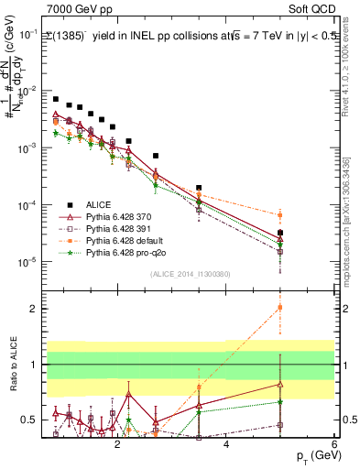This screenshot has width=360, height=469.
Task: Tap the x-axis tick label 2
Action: pyautogui.click(x=117, y=447)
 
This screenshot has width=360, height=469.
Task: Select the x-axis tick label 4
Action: pyautogui.click(x=226, y=447)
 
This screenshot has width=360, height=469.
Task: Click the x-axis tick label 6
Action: pyautogui.click(x=334, y=447)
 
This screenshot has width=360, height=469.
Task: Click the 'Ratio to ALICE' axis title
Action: pyautogui.click(x=13, y=365)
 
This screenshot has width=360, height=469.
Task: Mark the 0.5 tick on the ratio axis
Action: pyautogui.click(x=30, y=420)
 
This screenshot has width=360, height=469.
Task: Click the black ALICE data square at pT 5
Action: pyautogui.click(x=280, y=233)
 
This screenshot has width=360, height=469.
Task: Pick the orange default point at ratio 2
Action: pyautogui.click(x=280, y=307)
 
